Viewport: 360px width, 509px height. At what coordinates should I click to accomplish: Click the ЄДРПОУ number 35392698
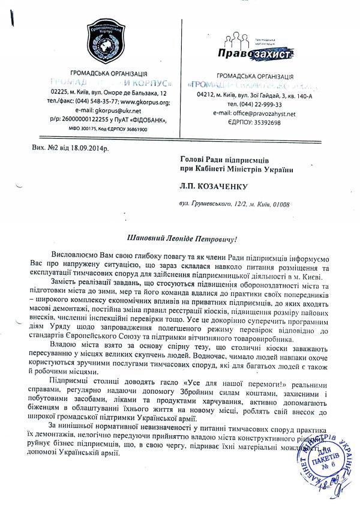pyautogui.click(x=262, y=122)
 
